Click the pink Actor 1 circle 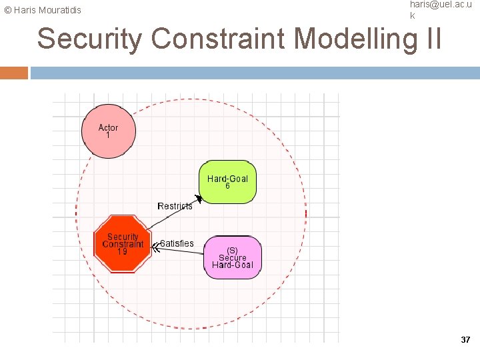[x=109, y=131]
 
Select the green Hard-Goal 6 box [x=227, y=181]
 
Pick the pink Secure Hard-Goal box [x=233, y=257]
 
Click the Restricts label [x=175, y=206]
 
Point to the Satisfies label [x=177, y=243]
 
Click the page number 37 [x=465, y=340]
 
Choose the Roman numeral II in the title [x=432, y=39]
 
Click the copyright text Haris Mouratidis [x=43, y=10]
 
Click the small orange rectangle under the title [x=14, y=73]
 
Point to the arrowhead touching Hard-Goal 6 [x=198, y=199]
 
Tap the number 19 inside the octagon [x=123, y=252]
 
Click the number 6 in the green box [x=227, y=187]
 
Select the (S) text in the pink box [x=233, y=250]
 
